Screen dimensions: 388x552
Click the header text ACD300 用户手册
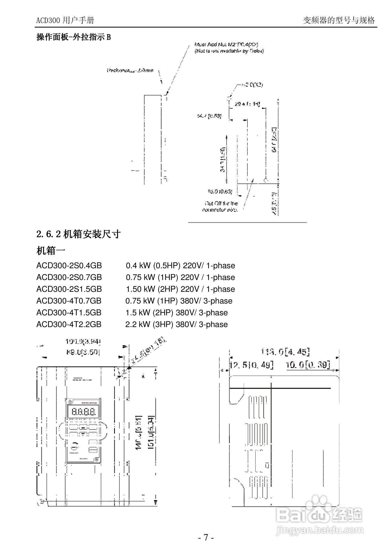(65, 20)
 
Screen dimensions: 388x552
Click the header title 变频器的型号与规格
(339, 20)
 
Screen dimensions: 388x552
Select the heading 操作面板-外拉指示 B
(73, 37)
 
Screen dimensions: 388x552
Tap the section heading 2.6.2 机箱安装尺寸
(78, 234)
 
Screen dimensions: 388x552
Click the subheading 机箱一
(51, 251)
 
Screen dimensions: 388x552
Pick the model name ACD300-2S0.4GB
(69, 266)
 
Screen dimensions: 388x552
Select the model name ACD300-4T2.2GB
(69, 324)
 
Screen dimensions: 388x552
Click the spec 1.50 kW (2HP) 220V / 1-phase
(180, 289)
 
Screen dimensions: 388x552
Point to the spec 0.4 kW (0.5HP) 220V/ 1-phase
(180, 266)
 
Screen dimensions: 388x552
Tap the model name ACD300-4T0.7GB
(69, 301)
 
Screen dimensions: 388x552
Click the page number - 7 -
(205, 537)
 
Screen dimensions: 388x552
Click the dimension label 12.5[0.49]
(251, 365)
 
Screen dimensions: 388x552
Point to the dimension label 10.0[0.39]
(308, 365)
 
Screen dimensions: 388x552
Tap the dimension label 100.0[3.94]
(83, 342)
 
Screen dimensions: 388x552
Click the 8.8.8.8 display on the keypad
(82, 411)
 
